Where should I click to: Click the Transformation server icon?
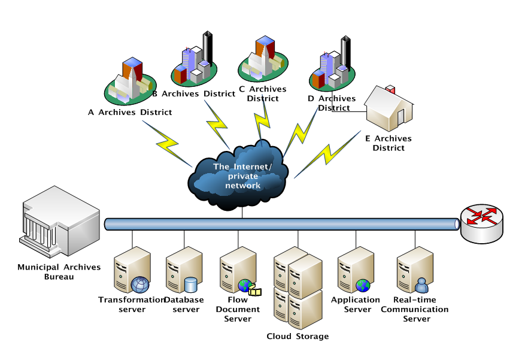(x=132, y=270)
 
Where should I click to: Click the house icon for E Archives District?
(x=389, y=108)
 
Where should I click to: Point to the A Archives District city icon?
(x=130, y=81)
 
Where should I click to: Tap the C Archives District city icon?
(x=263, y=60)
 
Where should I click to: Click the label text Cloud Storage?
(x=298, y=336)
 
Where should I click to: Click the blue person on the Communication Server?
(x=421, y=285)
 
